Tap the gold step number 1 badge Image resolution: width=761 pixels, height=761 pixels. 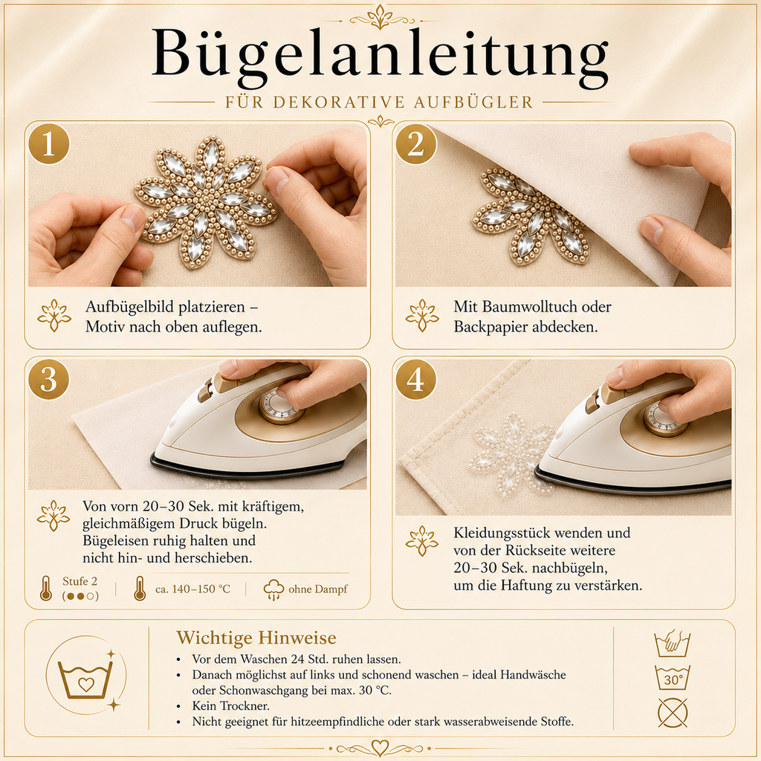pyautogui.click(x=49, y=144)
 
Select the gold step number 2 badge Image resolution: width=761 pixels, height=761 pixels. pyautogui.click(x=416, y=144)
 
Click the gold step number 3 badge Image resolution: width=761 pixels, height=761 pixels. pyautogui.click(x=49, y=379)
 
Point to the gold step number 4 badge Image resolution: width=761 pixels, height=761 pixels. pyautogui.click(x=416, y=379)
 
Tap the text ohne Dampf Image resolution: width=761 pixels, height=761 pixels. pyautogui.click(x=318, y=589)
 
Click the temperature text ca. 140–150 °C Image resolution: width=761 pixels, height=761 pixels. pyautogui.click(x=192, y=589)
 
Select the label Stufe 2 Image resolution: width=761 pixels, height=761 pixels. pyautogui.click(x=80, y=581)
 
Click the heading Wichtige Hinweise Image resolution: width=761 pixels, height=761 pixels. pyautogui.click(x=256, y=637)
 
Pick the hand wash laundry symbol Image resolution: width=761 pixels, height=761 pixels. pyautogui.click(x=672, y=644)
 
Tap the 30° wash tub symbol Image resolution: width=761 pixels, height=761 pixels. pyautogui.click(x=672, y=678)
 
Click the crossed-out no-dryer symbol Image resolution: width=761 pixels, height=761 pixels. pyautogui.click(x=672, y=713)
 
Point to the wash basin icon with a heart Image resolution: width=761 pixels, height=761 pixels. pyautogui.click(x=85, y=679)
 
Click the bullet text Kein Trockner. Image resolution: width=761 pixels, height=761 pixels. pyautogui.click(x=230, y=706)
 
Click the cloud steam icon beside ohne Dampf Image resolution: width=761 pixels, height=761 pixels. pyautogui.click(x=273, y=589)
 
